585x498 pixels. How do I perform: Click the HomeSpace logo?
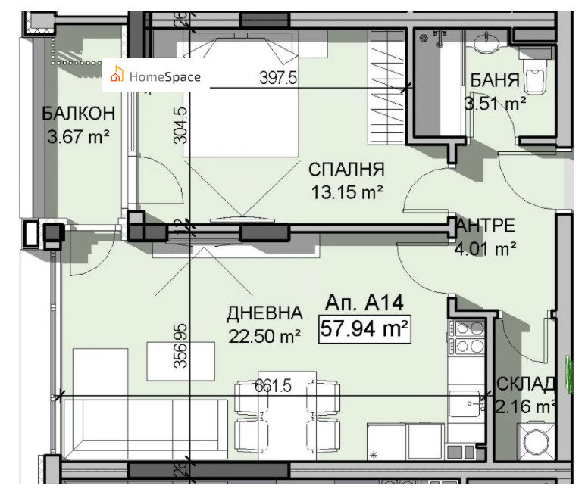pos(155,76)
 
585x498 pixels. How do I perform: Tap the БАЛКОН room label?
pos(79,114)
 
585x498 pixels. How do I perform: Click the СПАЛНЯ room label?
pos(346,170)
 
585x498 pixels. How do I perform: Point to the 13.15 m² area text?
pos(346,192)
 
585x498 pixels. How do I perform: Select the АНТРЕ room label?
pos(487,226)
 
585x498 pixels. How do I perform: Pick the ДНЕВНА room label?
pos(264,313)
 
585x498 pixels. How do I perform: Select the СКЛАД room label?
pos(526,384)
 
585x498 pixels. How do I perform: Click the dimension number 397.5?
pos(277,79)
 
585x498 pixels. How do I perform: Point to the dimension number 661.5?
pos(274,385)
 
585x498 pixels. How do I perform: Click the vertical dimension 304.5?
pos(180,126)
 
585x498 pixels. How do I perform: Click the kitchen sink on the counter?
pos(464,406)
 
